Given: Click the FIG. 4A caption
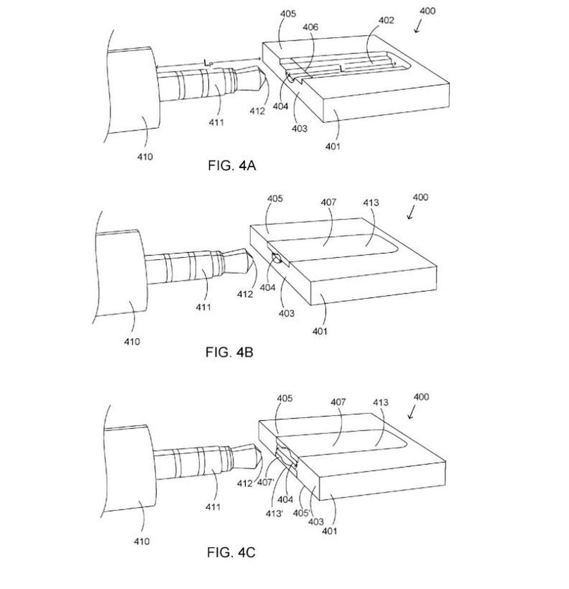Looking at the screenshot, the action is coord(231,166).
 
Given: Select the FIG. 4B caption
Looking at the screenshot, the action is coord(229,352).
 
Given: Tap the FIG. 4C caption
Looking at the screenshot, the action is coord(231,552).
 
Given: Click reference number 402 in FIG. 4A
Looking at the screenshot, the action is coord(386,20).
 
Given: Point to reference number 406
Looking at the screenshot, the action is coord(311,27).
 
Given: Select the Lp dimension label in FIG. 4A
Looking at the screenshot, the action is coord(208,63).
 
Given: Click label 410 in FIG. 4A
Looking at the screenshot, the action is coord(145,157).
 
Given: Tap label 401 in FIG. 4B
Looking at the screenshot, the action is coord(320,331).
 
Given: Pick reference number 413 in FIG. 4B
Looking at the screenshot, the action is coord(371,202).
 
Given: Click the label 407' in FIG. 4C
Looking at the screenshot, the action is coord(265,482).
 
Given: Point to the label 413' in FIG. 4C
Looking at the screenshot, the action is coord(274,514).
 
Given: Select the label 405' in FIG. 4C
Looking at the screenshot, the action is coord(302,513).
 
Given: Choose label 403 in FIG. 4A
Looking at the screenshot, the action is coord(299,129).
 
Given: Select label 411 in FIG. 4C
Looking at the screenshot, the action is coord(213,506).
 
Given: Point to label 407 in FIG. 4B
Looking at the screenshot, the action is coord(329,202).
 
